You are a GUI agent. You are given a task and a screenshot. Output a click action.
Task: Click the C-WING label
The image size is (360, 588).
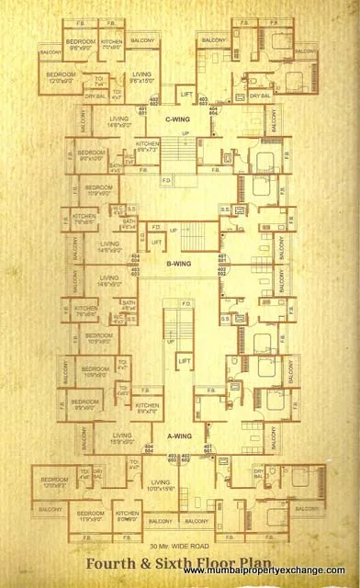tap(177, 119)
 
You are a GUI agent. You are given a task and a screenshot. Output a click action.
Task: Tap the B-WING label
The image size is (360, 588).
tap(178, 265)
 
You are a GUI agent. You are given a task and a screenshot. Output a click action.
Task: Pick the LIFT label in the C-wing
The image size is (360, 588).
tap(186, 94)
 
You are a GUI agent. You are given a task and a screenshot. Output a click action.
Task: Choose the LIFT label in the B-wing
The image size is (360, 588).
tap(156, 242)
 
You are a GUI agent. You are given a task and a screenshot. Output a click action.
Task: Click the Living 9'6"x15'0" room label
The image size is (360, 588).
tap(141, 76)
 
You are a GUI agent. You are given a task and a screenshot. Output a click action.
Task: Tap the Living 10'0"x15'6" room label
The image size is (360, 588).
tap(162, 485)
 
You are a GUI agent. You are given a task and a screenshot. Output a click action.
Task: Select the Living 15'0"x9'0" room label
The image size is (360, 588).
tap(122, 439)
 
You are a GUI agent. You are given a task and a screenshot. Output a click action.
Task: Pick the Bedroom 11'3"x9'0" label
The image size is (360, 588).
tap(90, 517)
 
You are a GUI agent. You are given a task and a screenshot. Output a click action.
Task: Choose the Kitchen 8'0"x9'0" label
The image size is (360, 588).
tap(128, 517)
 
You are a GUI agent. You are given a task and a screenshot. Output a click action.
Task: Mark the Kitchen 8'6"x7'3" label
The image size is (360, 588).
tap(148, 147)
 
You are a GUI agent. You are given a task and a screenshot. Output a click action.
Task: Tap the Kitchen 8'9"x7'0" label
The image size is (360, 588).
tap(147, 408)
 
